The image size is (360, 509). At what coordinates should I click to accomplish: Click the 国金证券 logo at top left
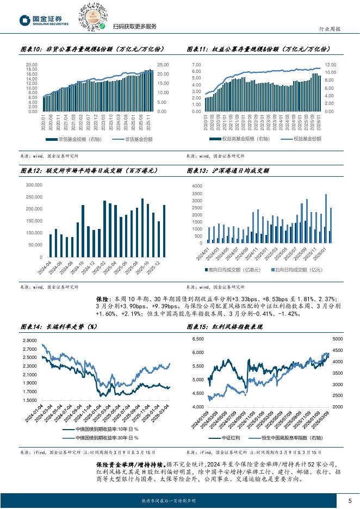click(x=44, y=20)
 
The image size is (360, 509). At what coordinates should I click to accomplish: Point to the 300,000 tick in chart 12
click(x=34, y=185)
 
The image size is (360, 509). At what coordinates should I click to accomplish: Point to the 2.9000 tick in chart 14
click(x=30, y=340)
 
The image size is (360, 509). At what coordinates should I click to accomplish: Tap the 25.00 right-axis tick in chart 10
click(x=163, y=64)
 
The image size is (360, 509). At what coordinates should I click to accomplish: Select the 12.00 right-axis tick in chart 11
click(x=331, y=64)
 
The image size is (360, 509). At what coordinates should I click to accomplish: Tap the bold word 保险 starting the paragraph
click(x=103, y=300)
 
